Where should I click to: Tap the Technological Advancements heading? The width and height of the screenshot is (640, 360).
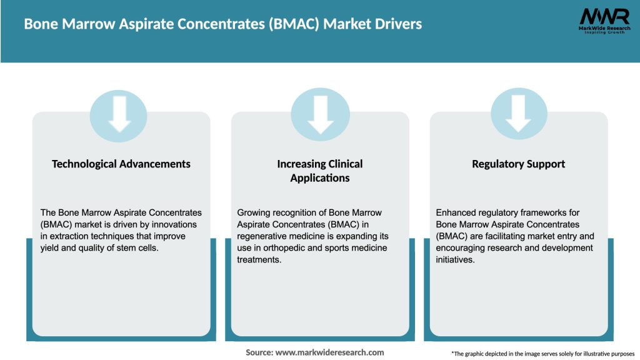coord(121,164)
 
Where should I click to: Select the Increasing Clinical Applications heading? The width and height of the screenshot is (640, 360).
coord(320,171)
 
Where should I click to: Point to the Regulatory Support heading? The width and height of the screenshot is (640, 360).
coord(518,164)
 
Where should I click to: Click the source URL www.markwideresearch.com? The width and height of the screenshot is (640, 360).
coord(330,352)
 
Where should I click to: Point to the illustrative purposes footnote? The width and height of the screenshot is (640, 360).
coord(542,354)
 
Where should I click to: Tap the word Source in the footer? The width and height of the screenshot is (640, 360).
coord(259,352)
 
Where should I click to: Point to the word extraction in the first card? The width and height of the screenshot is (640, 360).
coord(67,236)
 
